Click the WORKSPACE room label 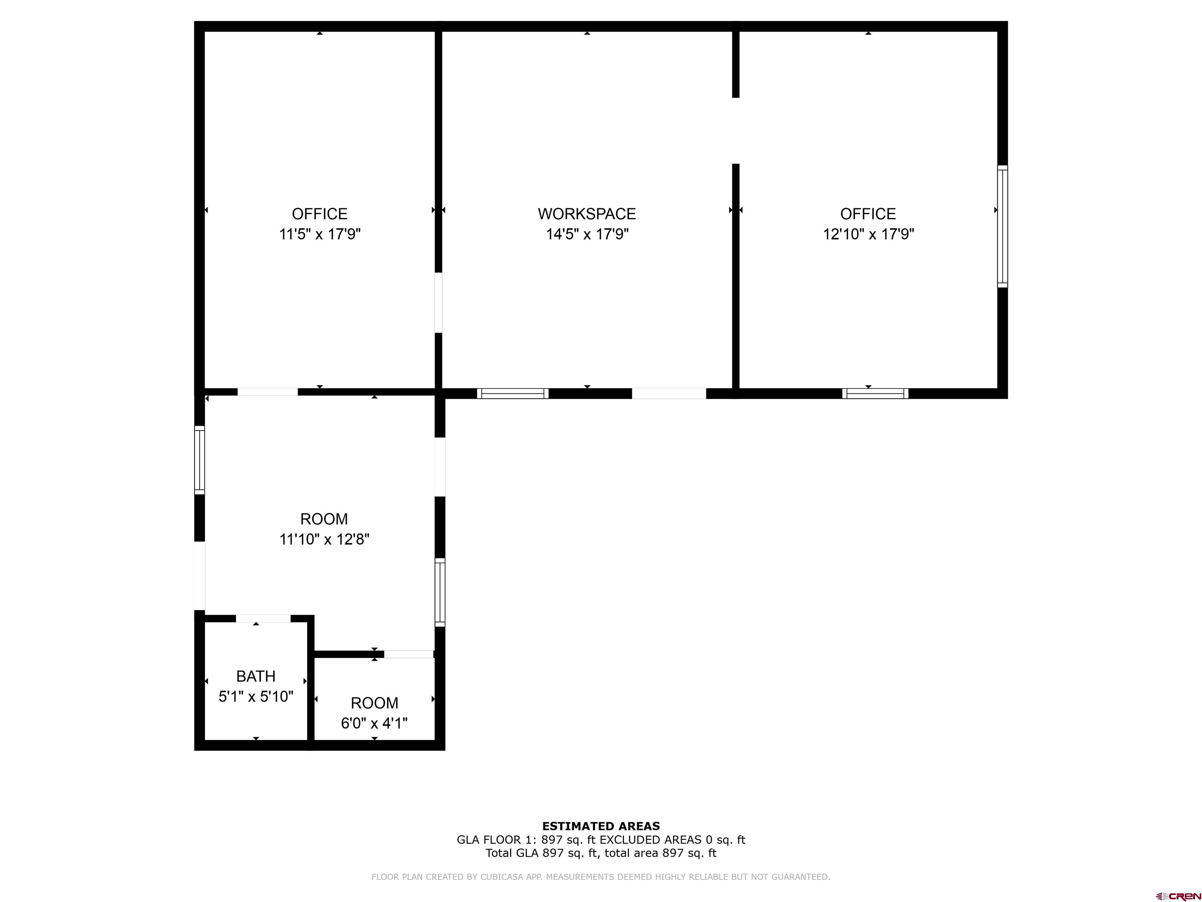(x=587, y=214)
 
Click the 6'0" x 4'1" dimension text (x=374, y=723)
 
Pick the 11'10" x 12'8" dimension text (x=324, y=539)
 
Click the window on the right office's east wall (x=1002, y=226)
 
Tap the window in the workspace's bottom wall (x=513, y=393)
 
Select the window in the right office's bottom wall (x=875, y=393)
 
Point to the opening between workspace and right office (x=735, y=130)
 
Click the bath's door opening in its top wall (x=263, y=618)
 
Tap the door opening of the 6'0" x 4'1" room (x=408, y=654)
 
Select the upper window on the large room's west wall (x=200, y=460)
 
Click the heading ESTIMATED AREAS (x=601, y=826)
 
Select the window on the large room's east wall (x=440, y=592)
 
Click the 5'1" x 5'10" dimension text (x=256, y=696)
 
